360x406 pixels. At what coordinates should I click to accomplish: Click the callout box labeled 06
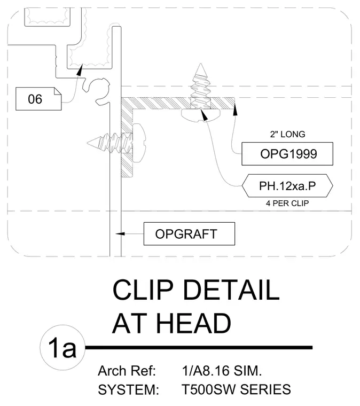click(38, 99)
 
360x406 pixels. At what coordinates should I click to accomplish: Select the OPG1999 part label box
click(287, 154)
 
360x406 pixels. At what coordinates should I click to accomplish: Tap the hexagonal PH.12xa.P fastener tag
click(287, 186)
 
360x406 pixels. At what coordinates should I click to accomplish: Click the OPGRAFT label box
click(189, 234)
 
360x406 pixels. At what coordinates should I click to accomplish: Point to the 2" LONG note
click(287, 134)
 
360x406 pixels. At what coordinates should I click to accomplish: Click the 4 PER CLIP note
click(287, 203)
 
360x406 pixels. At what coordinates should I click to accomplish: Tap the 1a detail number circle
click(62, 347)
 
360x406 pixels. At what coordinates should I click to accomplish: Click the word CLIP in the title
click(143, 290)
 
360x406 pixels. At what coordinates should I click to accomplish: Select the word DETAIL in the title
click(231, 290)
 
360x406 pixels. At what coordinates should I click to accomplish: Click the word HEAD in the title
click(193, 323)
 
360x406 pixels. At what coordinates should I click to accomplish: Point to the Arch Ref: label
click(127, 371)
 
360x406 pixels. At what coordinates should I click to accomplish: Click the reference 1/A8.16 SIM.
click(222, 371)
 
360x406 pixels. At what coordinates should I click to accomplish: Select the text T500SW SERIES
click(236, 389)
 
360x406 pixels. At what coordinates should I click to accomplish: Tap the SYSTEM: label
click(128, 389)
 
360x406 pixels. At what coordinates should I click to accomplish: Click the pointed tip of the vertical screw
click(201, 64)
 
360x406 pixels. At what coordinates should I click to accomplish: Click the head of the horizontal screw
click(139, 143)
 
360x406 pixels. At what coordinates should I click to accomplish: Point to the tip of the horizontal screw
click(88, 143)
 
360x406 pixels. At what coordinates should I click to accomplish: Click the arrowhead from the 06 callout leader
click(80, 70)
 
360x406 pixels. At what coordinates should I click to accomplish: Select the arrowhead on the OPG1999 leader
click(235, 109)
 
